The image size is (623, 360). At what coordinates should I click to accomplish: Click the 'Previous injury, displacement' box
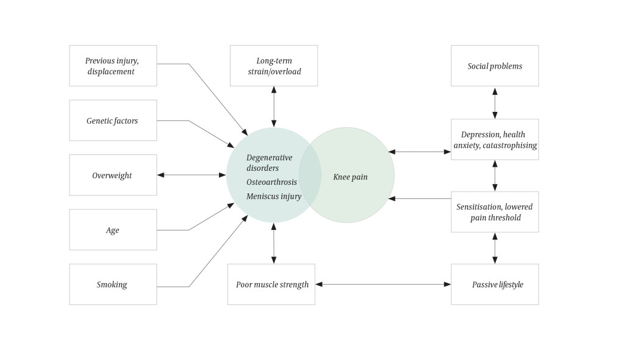[113, 66]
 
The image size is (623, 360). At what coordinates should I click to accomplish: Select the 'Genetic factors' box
[113, 120]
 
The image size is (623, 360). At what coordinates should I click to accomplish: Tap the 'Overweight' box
[113, 175]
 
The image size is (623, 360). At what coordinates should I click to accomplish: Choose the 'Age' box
[113, 230]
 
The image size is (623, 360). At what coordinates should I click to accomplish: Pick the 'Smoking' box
[113, 284]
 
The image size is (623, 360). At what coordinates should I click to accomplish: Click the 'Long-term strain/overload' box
[274, 66]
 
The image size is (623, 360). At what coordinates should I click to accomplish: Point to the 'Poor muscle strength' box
[271, 284]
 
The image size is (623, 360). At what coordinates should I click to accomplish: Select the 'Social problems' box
[495, 66]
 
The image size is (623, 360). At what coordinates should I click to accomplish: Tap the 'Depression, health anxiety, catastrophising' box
[495, 139]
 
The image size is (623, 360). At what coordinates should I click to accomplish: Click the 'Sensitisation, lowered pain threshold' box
[495, 212]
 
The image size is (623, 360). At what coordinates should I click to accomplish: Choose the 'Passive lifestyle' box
[495, 284]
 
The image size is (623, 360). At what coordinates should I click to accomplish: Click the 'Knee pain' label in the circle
[350, 177]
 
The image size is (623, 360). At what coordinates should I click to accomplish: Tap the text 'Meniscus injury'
[274, 196]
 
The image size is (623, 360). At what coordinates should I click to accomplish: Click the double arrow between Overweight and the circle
[192, 175]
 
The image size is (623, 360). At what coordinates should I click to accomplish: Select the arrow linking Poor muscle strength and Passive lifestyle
[383, 284]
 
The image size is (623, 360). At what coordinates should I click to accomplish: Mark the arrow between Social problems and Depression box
[495, 103]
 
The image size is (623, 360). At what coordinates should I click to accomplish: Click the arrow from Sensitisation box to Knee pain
[420, 198]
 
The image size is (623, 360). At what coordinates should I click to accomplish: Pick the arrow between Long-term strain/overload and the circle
[274, 106]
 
